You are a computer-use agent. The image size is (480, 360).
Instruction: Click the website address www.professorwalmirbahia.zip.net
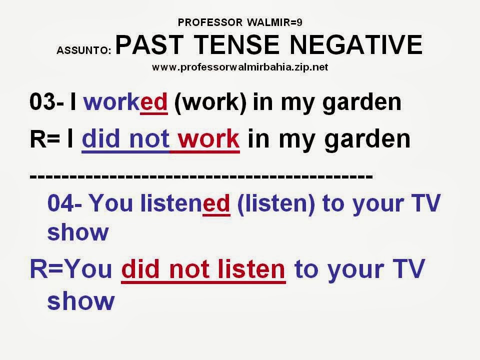tap(240, 67)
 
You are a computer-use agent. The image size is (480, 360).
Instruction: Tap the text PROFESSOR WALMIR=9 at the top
tap(239, 22)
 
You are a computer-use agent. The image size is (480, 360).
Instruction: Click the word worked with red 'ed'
tap(125, 102)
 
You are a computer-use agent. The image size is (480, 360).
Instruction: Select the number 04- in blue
tap(64, 204)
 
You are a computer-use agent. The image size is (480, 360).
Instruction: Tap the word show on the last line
tap(81, 301)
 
